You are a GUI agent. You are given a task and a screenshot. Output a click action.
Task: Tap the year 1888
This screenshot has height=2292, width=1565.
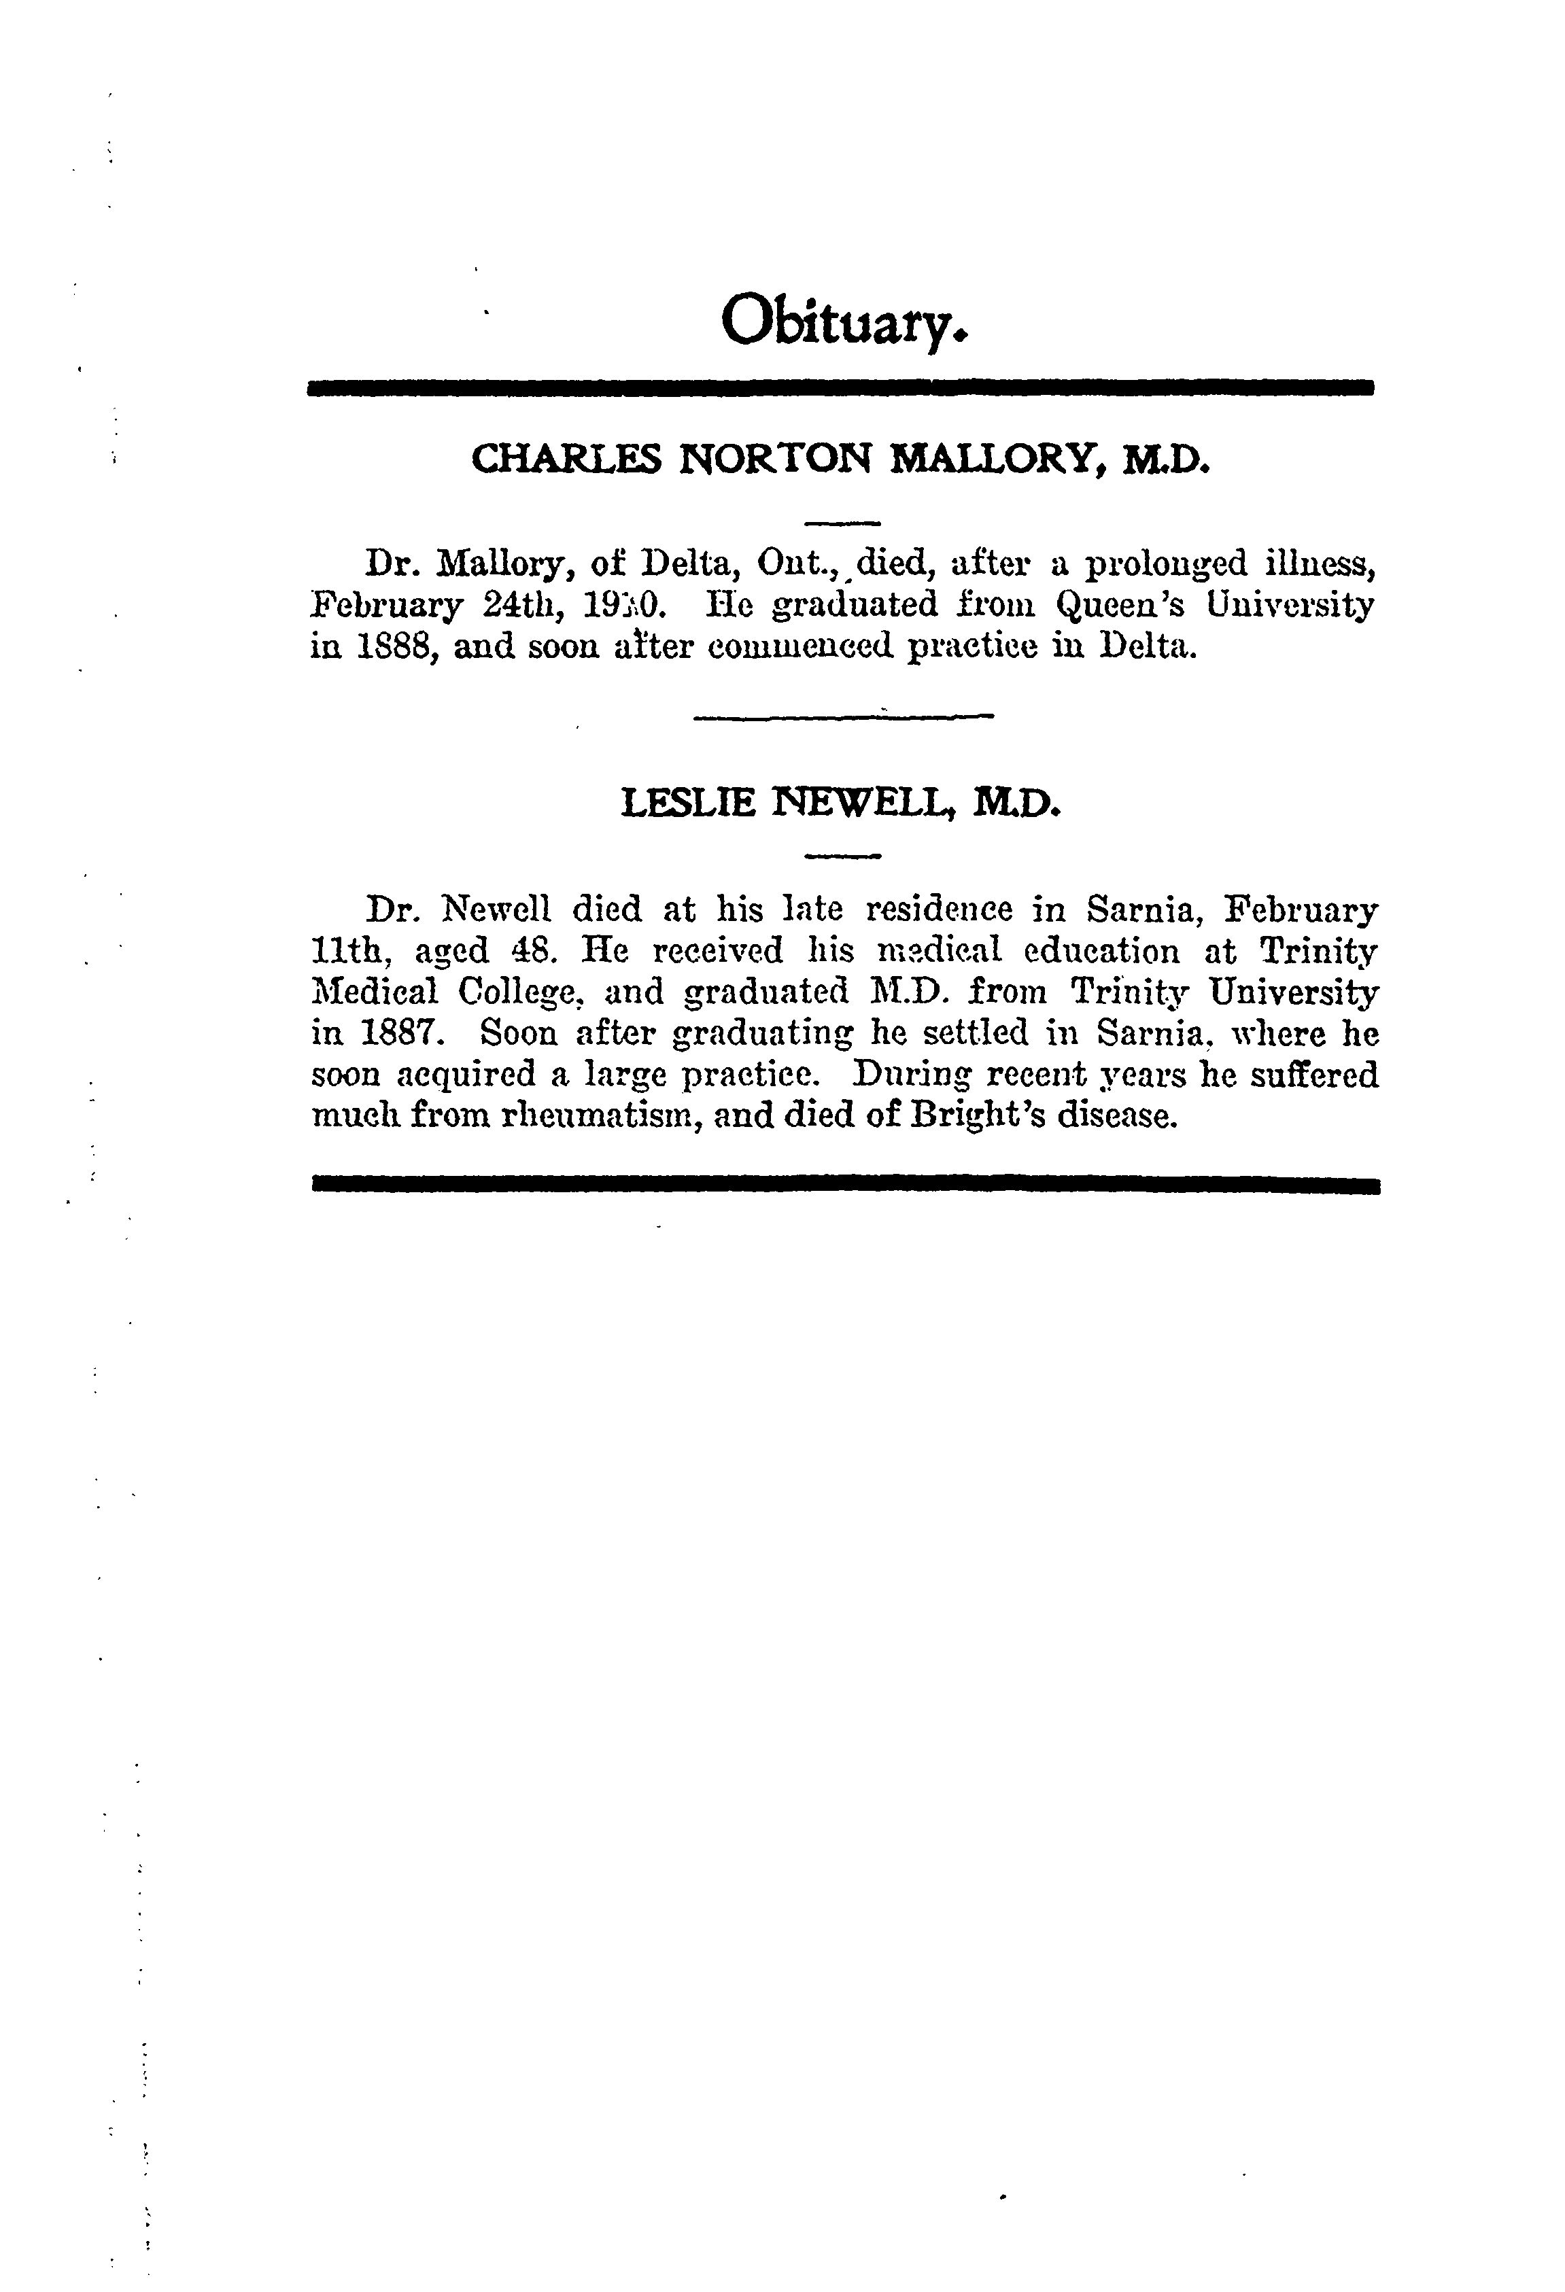392,648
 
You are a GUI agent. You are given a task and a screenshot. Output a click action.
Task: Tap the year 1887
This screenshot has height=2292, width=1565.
392,1034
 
